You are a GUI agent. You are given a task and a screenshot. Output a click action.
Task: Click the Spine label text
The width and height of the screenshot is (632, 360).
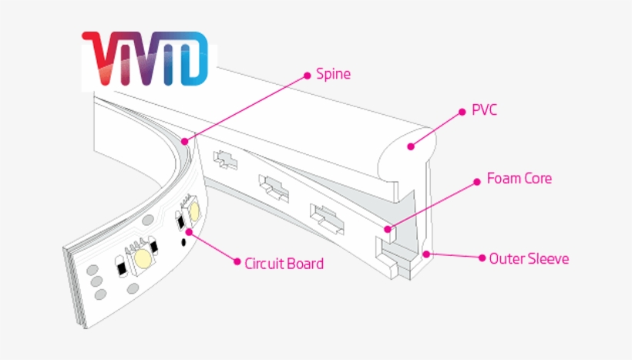click(332, 75)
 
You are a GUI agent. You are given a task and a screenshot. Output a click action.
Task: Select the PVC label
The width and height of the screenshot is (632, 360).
click(484, 110)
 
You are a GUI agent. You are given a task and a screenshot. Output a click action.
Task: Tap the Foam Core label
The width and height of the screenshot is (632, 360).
click(519, 179)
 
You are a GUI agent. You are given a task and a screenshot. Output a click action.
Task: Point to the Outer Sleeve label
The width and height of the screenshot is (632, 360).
click(529, 258)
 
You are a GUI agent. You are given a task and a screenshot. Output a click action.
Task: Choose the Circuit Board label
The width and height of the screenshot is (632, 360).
click(284, 264)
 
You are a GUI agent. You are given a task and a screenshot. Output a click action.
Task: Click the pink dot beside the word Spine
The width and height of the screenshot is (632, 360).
click(308, 75)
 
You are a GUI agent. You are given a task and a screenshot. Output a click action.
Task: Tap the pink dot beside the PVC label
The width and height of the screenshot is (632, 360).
click(463, 111)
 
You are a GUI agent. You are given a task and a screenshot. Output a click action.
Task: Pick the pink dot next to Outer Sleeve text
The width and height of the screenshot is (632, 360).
click(482, 258)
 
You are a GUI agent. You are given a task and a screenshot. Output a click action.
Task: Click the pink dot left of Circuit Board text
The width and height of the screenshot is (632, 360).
click(236, 262)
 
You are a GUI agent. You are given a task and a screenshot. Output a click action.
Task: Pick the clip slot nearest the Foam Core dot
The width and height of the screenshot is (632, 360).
click(325, 216)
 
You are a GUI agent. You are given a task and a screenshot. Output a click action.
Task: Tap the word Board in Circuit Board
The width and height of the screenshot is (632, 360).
click(305, 264)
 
